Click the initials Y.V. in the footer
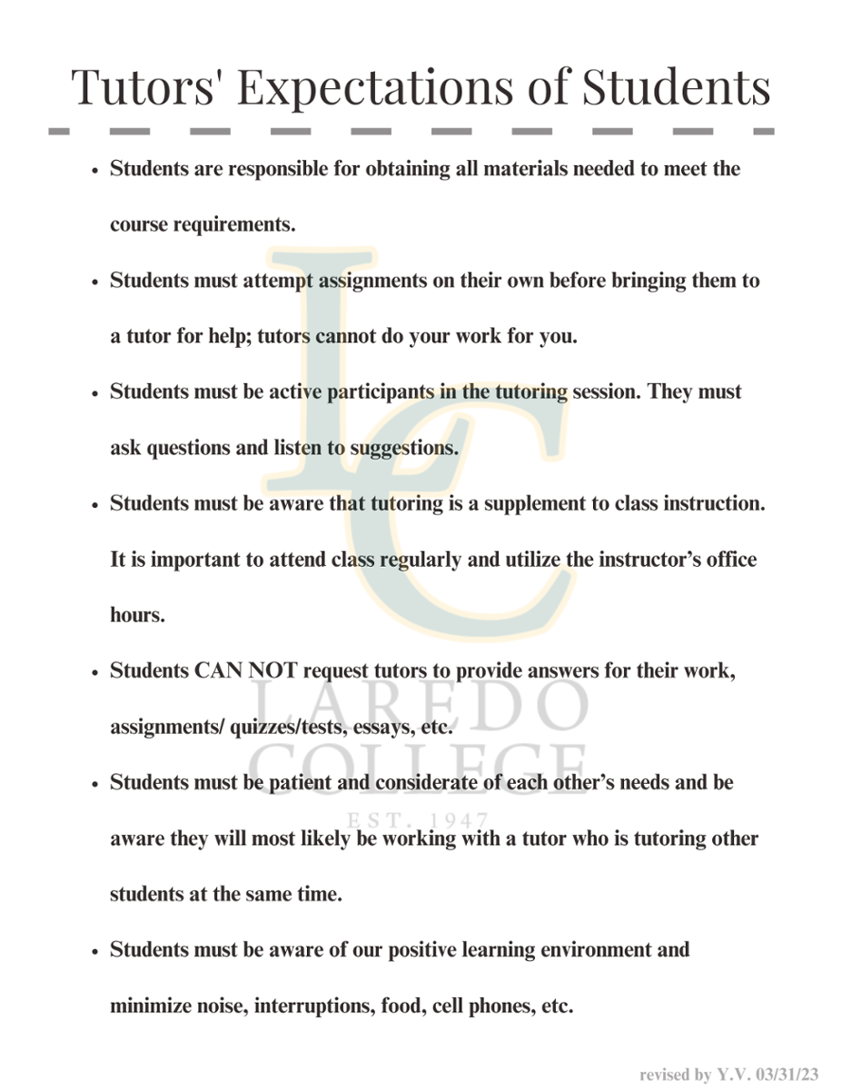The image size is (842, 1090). click(x=733, y=1075)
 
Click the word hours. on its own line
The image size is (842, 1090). click(x=137, y=615)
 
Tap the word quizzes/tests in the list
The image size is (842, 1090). click(x=282, y=727)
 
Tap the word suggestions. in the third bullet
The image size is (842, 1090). click(x=405, y=448)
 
